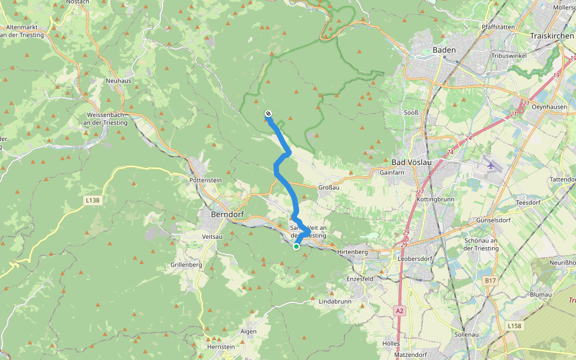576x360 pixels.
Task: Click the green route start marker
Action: [296, 247]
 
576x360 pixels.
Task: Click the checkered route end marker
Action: [268, 114]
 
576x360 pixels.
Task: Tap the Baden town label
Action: [444, 50]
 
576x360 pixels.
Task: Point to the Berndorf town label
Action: [226, 214]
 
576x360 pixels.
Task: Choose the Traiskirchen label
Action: [552, 36]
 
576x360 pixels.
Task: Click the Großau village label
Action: [329, 187]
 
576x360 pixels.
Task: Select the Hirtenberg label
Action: [352, 253]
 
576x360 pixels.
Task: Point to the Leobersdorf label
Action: [415, 259]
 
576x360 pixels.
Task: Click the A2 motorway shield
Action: [400, 310]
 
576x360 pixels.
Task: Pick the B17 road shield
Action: [490, 280]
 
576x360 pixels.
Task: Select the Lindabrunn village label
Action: [334, 300]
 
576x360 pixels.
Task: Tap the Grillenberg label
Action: [185, 265]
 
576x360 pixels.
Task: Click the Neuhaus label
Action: [118, 80]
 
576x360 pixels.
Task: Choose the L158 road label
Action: [514, 326]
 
